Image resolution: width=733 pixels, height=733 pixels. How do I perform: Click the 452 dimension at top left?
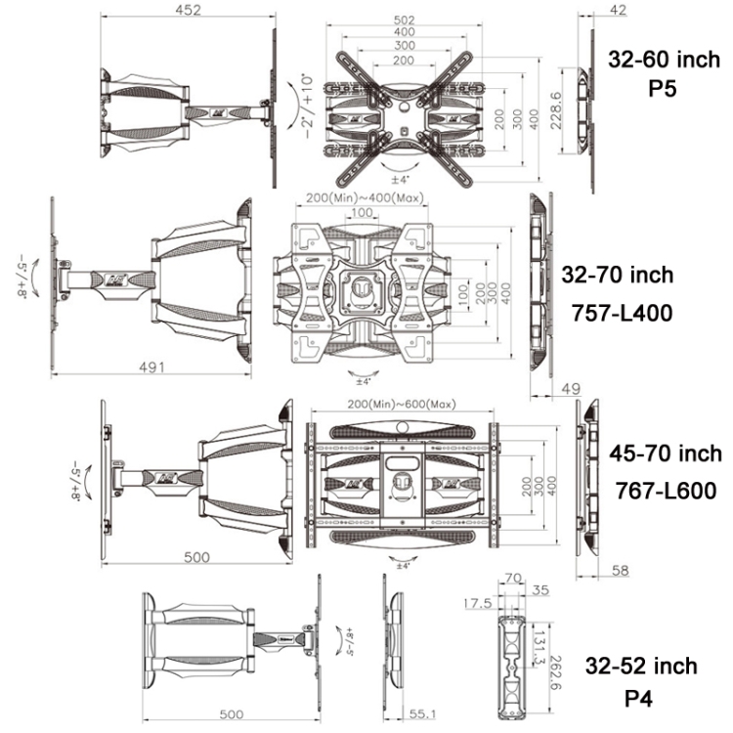click(x=188, y=11)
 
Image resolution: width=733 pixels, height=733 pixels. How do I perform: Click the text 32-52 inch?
click(x=641, y=667)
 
